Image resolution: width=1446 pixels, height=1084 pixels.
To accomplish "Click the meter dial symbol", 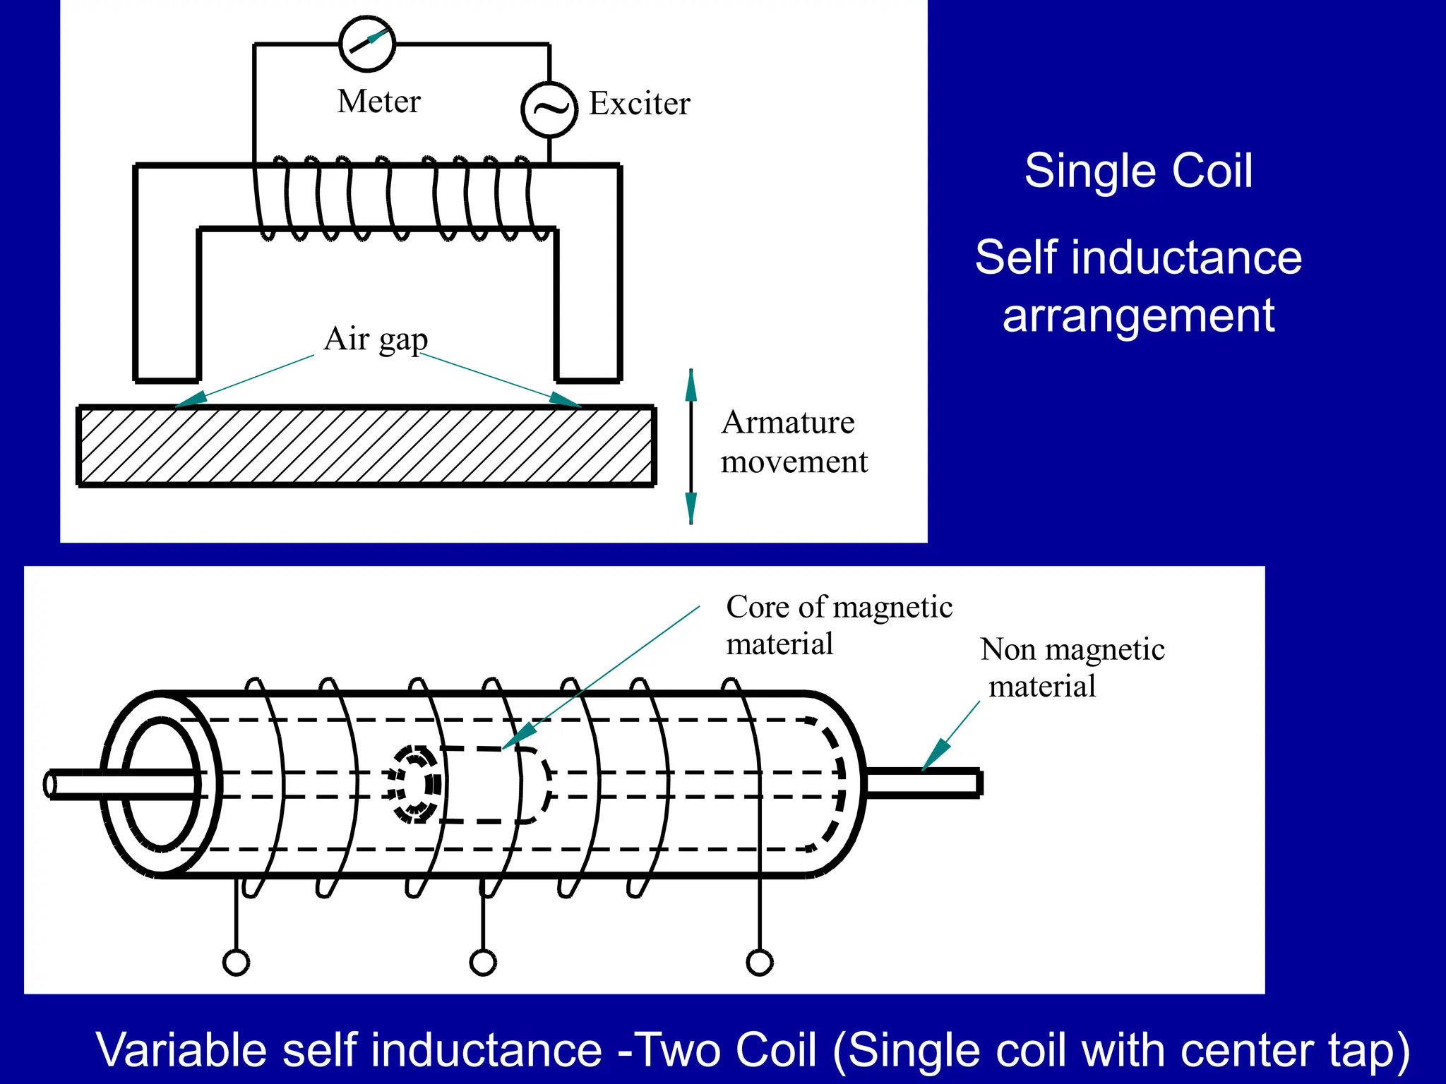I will (367, 44).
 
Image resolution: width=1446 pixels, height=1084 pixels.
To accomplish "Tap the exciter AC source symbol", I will (549, 109).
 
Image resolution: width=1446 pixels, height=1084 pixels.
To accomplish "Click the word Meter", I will (379, 102).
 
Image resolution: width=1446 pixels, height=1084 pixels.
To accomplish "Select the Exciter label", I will (639, 104).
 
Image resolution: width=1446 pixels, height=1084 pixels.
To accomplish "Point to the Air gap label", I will (376, 339).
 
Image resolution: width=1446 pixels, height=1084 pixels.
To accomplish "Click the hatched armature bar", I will (366, 446).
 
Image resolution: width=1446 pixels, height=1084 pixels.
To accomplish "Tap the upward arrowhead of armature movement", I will (691, 386).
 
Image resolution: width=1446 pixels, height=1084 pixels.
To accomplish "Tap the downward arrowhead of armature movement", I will (691, 507).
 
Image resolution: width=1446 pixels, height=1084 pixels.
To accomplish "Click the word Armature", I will (788, 423).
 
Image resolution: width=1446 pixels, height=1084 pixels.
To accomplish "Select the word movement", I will (794, 462).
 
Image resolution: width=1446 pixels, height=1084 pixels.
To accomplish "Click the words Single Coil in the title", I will (1138, 171).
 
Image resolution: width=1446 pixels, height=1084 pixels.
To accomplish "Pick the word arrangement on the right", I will (1138, 315).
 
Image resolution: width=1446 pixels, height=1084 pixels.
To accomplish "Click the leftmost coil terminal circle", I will (236, 963).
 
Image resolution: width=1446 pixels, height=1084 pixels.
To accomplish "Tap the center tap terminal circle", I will (483, 963).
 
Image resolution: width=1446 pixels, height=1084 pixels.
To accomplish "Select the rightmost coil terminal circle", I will (760, 963).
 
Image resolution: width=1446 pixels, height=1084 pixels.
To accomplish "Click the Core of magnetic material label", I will (839, 625).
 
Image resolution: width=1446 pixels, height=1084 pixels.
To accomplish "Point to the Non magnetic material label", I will (1072, 668).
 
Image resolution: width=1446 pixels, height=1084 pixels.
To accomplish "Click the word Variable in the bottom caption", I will (182, 1050).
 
